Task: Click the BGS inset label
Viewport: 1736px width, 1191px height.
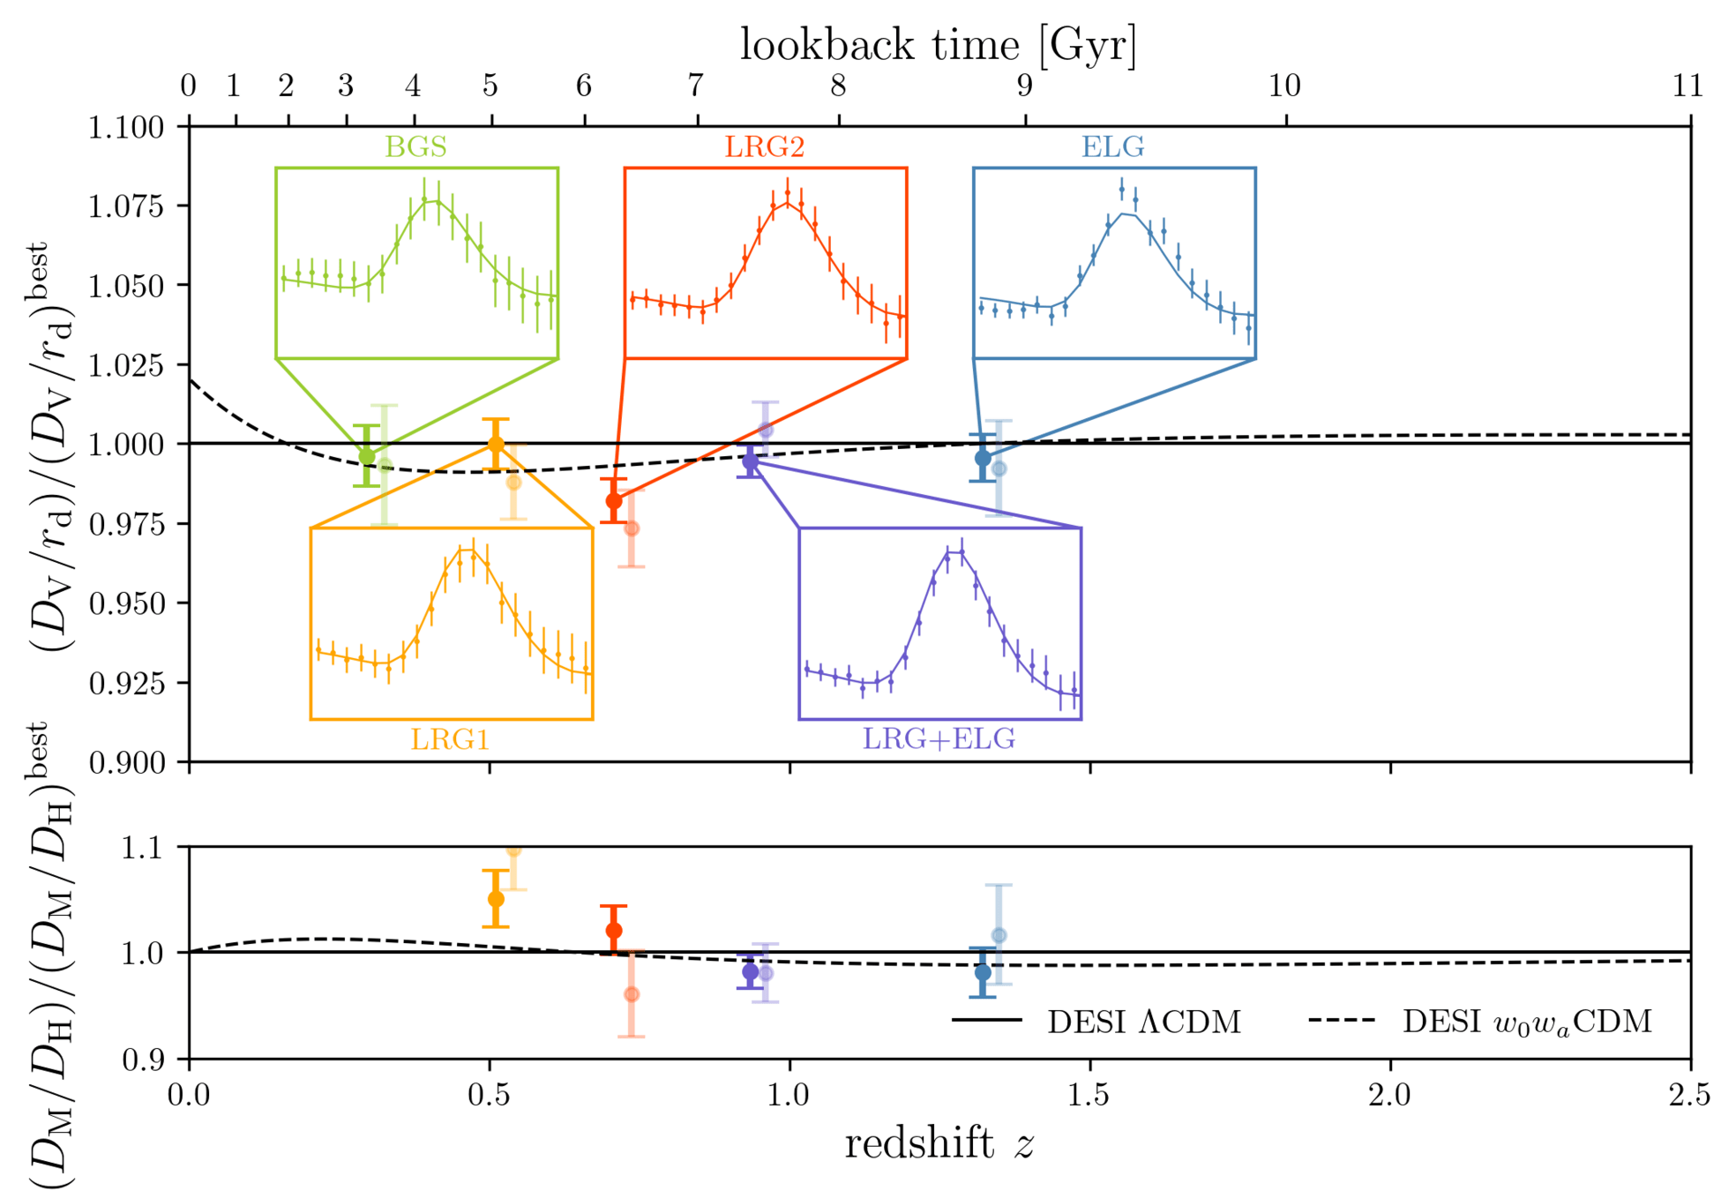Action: pos(415,146)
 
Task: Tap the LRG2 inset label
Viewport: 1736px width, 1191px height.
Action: pos(765,146)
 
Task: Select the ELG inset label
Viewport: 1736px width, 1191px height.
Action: pos(1113,146)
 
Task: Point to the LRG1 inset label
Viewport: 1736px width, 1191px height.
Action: pos(450,738)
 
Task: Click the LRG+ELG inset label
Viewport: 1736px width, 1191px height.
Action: pos(939,738)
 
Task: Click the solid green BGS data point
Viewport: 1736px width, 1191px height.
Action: pos(367,456)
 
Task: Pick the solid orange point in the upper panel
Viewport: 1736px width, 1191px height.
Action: pos(496,444)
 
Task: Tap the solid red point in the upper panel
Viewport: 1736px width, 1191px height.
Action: pos(614,501)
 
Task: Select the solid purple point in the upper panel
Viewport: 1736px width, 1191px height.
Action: pos(750,461)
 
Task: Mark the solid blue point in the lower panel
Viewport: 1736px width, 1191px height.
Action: pos(983,972)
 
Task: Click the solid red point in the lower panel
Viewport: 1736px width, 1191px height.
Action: pos(614,931)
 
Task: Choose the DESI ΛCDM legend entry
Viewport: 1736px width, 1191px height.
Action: pos(1143,1022)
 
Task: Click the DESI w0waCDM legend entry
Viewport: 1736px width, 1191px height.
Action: pos(1526,1022)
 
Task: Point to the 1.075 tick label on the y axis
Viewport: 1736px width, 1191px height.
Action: pos(126,206)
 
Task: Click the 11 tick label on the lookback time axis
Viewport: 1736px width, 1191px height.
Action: pos(1687,86)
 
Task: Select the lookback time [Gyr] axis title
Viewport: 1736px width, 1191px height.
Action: pos(938,44)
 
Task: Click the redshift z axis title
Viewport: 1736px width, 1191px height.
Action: pos(939,1144)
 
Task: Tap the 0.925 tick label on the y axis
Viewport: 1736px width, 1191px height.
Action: pos(126,683)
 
